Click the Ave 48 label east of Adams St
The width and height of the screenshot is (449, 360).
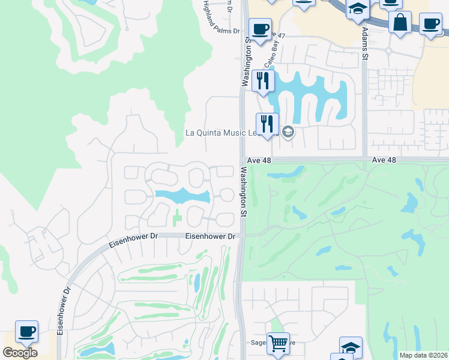click(384, 160)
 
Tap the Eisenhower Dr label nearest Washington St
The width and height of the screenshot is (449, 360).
click(209, 236)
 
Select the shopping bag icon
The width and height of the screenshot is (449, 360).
click(400, 22)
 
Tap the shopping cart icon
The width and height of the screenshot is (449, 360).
click(278, 344)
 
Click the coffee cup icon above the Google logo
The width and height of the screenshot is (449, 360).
click(26, 331)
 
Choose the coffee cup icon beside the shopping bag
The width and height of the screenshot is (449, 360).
click(430, 25)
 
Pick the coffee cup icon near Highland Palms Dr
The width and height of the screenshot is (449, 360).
click(260, 30)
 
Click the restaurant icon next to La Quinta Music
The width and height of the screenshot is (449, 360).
click(267, 124)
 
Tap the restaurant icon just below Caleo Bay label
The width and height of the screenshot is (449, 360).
click(263, 80)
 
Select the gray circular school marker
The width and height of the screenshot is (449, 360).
click(288, 132)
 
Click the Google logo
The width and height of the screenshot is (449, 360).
click(20, 353)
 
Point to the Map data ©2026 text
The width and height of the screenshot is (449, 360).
click(423, 355)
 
